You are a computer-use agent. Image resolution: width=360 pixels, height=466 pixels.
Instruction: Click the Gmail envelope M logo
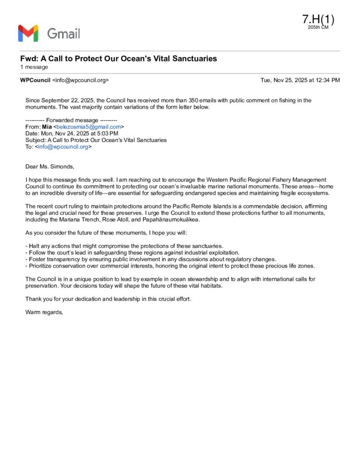(x=28, y=33)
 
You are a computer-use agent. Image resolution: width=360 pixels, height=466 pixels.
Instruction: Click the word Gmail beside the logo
(x=63, y=33)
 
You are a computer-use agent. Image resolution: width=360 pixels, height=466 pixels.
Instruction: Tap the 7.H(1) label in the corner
(x=318, y=19)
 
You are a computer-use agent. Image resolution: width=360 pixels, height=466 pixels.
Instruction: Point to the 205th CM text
(x=318, y=27)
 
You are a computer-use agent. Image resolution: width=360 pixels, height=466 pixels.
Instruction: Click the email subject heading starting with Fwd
(x=118, y=59)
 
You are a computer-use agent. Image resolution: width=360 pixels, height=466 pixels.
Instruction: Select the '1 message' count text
(x=34, y=67)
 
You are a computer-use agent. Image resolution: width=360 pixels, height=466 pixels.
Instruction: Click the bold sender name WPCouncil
(x=35, y=80)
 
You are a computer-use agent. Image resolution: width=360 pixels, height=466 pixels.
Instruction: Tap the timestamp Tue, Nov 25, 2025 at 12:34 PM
(x=300, y=80)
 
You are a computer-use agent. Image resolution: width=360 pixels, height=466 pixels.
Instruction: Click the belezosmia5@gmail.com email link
(x=89, y=127)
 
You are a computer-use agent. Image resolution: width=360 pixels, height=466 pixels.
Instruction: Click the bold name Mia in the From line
(x=47, y=127)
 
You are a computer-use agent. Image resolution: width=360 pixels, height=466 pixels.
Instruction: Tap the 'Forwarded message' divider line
(x=71, y=120)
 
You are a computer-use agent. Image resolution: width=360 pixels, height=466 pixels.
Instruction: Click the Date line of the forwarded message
(x=72, y=133)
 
